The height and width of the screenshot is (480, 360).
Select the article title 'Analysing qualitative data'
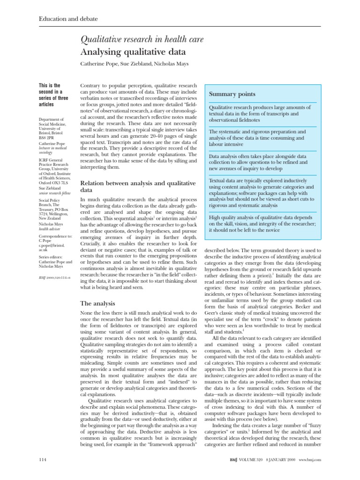tap(133, 52)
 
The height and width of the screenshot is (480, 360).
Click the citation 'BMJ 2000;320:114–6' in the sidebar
tap(56, 278)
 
